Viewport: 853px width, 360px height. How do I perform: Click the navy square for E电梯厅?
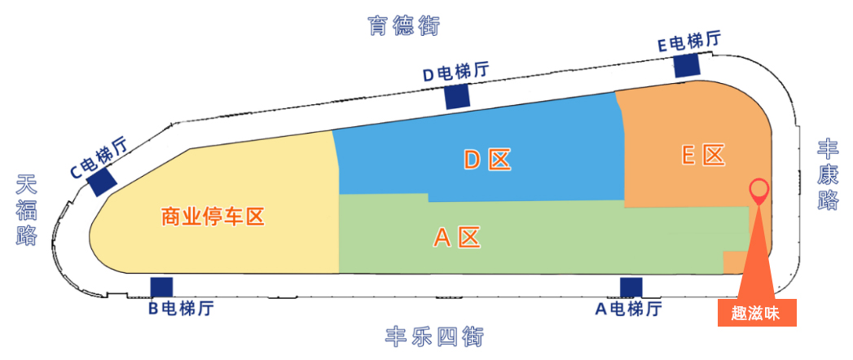(x=687, y=66)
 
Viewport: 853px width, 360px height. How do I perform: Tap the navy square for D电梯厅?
(x=457, y=97)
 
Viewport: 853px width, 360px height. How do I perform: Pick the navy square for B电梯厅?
(x=161, y=288)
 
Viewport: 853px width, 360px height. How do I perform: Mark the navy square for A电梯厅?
(x=631, y=288)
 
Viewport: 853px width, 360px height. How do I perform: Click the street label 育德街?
(x=403, y=25)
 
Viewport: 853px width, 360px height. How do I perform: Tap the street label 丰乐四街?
(x=434, y=337)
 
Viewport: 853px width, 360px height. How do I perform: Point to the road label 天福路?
(x=26, y=209)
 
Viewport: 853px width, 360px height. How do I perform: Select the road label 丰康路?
(x=828, y=175)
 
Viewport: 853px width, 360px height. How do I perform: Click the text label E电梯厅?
(x=689, y=42)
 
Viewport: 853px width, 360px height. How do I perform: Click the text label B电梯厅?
(x=181, y=309)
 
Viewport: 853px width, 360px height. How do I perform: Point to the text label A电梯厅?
(x=628, y=309)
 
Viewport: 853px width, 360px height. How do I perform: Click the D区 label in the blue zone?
(x=487, y=160)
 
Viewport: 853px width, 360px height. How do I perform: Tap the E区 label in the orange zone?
(x=703, y=156)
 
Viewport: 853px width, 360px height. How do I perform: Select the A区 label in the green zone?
(x=457, y=238)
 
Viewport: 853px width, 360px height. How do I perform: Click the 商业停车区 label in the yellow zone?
(x=213, y=217)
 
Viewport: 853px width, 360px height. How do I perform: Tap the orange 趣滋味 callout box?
(x=757, y=313)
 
